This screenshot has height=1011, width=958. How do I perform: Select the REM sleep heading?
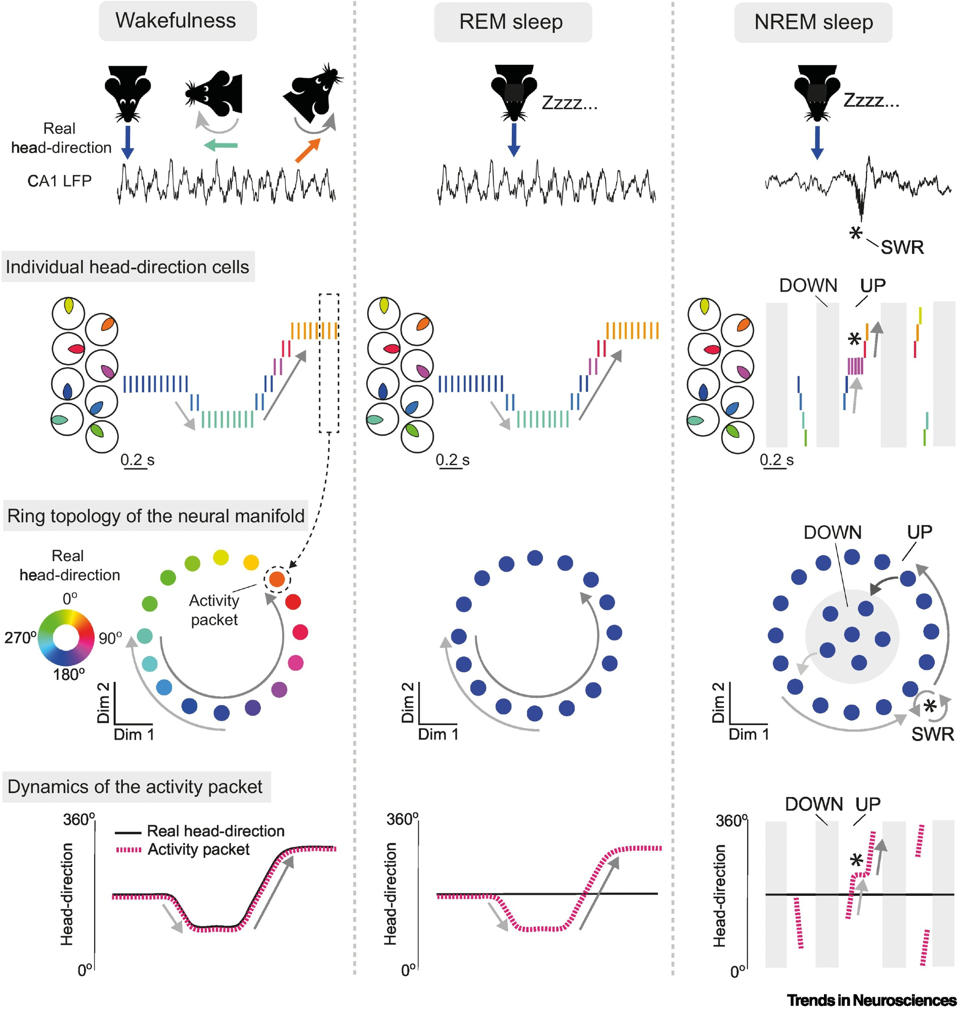[512, 22]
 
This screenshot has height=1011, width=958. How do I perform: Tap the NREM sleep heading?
[813, 22]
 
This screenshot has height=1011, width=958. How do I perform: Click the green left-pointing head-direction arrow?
[221, 146]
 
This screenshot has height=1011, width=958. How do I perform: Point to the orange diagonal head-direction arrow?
[308, 150]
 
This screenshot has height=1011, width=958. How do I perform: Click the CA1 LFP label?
[59, 180]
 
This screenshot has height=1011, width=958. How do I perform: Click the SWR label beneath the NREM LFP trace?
[902, 248]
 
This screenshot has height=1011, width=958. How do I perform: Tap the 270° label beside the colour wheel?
[20, 637]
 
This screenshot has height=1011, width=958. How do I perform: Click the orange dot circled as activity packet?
[277, 579]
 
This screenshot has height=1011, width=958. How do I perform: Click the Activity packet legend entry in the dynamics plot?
[199, 850]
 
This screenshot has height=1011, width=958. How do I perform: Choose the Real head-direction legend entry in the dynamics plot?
[215, 832]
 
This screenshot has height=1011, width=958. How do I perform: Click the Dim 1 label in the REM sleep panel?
[438, 734]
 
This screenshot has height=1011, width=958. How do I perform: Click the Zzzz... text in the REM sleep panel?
[570, 104]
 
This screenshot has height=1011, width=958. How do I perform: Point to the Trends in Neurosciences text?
[872, 1000]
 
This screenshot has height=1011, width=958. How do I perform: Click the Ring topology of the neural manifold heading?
[156, 516]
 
